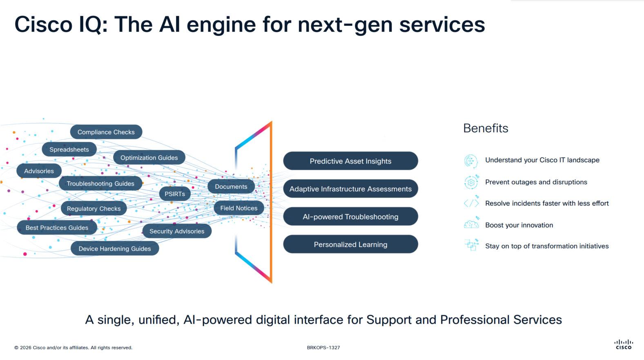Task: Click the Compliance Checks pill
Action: click(x=106, y=132)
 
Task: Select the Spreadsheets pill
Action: click(x=69, y=150)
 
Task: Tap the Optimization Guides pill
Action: click(x=149, y=158)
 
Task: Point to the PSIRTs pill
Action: click(x=175, y=194)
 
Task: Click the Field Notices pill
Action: click(x=239, y=208)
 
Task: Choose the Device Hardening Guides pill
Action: click(x=115, y=248)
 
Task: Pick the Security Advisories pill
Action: click(x=177, y=231)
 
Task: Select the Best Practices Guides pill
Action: click(x=57, y=228)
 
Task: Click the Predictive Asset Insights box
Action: click(x=350, y=161)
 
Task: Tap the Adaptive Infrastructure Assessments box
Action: click(x=350, y=189)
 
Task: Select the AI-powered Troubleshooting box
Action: click(x=350, y=217)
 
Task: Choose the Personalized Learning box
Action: click(x=350, y=244)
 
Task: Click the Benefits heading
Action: click(x=486, y=128)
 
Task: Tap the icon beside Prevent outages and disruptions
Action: click(x=471, y=182)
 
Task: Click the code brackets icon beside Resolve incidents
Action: click(x=471, y=203)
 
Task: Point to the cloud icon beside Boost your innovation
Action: click(x=471, y=224)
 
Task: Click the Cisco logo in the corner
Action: click(x=624, y=344)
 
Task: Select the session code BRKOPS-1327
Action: click(x=323, y=348)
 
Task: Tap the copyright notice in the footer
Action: click(x=74, y=348)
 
